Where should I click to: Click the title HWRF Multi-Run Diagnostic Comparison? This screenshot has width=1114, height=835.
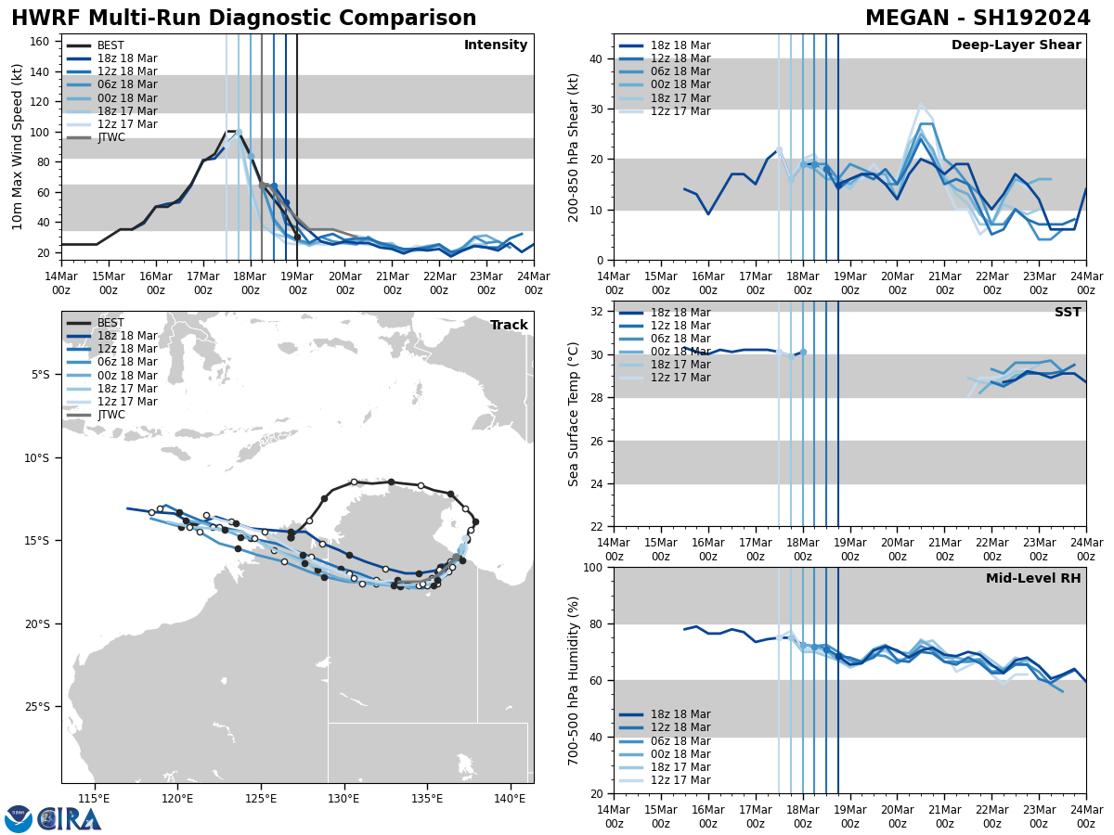243,19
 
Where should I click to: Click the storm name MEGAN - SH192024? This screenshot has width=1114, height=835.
978,19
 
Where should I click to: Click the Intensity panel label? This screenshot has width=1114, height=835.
496,45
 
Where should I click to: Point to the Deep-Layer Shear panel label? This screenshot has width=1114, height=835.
1016,45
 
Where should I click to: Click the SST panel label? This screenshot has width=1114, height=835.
1068,313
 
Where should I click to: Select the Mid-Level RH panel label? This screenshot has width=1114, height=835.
1033,579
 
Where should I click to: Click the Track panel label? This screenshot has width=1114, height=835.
509,326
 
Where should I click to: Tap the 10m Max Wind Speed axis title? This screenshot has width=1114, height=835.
18,147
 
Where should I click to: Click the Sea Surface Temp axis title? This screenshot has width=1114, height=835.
574,414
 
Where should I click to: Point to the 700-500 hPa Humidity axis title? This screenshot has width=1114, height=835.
574,680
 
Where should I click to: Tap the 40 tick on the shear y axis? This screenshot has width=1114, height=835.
595,58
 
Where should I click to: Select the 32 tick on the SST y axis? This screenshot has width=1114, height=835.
595,312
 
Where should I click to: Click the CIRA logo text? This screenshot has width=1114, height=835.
70,819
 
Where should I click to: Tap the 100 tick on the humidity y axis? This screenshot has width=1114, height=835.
591,567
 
